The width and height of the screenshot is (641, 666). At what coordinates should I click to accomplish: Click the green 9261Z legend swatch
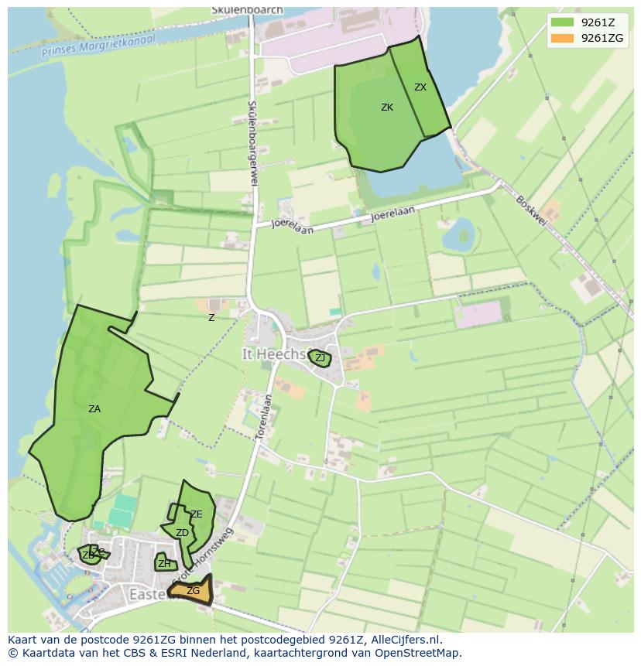(562, 22)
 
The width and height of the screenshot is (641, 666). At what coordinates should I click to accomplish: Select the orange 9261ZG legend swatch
(562, 38)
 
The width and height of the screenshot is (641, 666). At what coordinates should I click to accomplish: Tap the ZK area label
(387, 108)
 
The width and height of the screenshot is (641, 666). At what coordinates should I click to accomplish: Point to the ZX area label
(420, 87)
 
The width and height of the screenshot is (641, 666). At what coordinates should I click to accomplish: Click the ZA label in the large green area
(94, 409)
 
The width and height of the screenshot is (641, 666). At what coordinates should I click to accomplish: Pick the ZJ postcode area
(320, 358)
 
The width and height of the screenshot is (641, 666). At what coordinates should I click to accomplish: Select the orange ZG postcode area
(193, 591)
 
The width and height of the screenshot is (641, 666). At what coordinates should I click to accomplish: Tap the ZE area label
(197, 514)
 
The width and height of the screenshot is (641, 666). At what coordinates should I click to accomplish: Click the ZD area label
(182, 533)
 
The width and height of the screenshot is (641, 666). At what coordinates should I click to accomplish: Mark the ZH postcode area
(164, 564)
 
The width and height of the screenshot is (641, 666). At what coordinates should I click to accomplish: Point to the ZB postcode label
(87, 555)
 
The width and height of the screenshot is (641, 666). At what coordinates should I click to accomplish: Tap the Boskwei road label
(531, 210)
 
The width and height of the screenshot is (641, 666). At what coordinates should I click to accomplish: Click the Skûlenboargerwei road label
(252, 142)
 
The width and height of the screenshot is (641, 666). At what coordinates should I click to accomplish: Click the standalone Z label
(211, 318)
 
